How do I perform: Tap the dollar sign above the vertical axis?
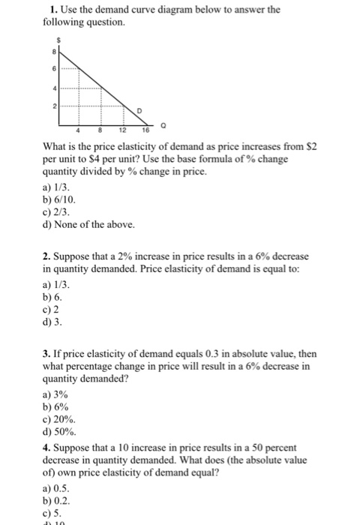pyautogui.click(x=55, y=36)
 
